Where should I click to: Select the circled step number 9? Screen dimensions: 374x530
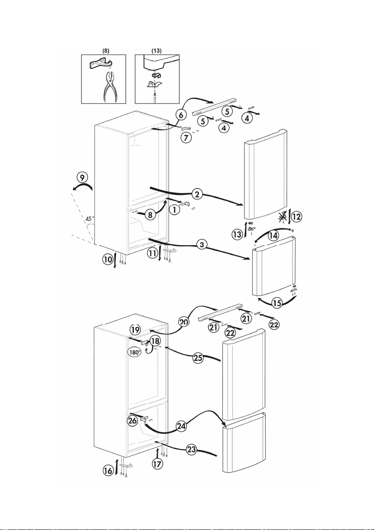point(81,177)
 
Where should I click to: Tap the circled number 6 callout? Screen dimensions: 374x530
point(181,115)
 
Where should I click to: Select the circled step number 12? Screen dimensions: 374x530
point(295,217)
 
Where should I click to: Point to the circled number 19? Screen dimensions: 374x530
point(136,329)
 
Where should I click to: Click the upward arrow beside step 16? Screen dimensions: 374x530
point(118,468)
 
